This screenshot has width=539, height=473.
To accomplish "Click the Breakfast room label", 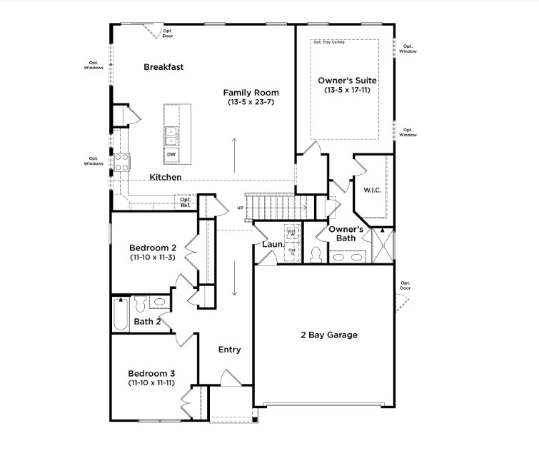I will click(163, 67).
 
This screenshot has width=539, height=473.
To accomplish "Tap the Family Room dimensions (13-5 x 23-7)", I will click(251, 102).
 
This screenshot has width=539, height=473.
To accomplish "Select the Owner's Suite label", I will click(347, 81).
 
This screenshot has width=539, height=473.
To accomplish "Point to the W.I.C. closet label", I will click(373, 190).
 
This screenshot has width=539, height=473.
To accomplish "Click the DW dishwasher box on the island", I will click(171, 154).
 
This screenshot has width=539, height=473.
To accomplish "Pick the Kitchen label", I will click(165, 177).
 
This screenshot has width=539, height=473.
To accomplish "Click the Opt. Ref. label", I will click(185, 203).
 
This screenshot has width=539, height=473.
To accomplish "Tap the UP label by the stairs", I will click(241, 208).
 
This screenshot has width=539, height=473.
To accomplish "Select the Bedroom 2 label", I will click(152, 247).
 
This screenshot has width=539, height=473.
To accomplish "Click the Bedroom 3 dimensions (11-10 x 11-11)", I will click(151, 383).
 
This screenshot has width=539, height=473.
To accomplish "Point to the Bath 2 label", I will click(148, 322).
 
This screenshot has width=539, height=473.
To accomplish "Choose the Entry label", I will click(229, 350).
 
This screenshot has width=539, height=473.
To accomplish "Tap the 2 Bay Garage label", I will click(329, 335).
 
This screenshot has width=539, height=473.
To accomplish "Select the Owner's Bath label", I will click(346, 233).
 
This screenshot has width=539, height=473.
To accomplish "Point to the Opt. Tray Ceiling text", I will click(328, 42).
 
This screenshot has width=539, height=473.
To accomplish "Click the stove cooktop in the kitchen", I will click(121, 162).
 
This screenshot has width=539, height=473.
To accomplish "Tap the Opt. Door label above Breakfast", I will click(168, 33).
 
